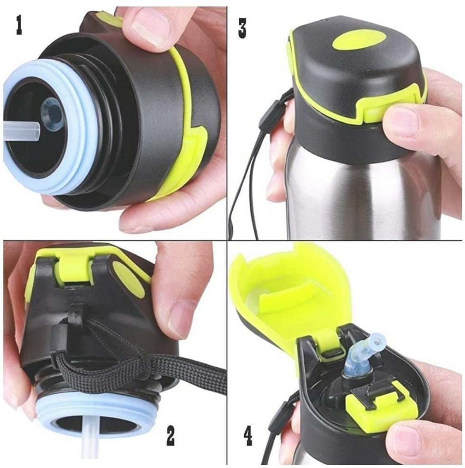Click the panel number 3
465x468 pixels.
tap(242, 28)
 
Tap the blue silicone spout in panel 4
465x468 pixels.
tap(359, 348)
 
